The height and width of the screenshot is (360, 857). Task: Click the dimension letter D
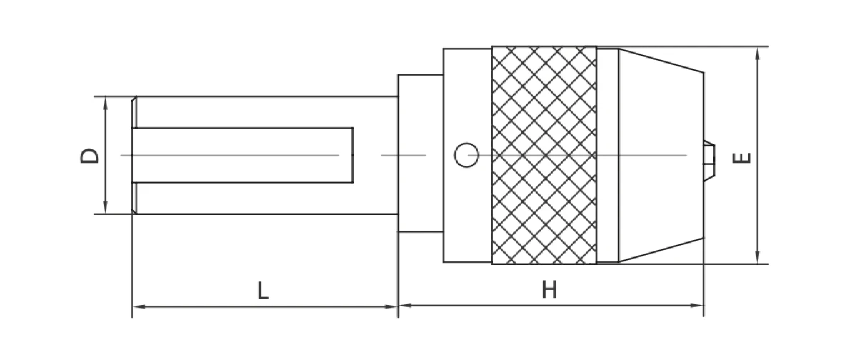(x=89, y=155)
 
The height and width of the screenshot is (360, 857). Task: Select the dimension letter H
(x=548, y=289)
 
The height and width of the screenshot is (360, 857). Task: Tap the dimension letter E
(x=743, y=157)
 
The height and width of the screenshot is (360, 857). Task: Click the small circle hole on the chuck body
(x=466, y=154)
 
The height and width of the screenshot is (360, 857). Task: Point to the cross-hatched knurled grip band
(x=544, y=155)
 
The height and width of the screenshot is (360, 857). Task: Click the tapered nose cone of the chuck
(x=661, y=155)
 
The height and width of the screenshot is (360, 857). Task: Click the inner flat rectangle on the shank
(x=243, y=154)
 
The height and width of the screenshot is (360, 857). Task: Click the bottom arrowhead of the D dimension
(x=106, y=208)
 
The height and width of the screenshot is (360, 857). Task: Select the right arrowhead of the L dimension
(x=392, y=306)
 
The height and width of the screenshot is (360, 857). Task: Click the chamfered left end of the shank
(x=134, y=155)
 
